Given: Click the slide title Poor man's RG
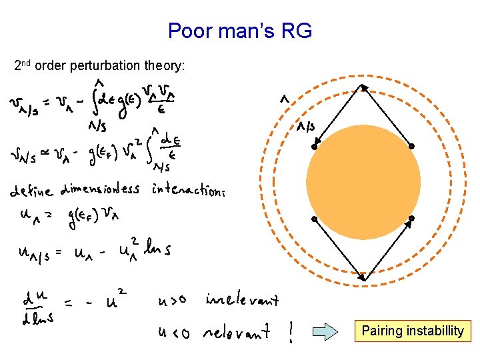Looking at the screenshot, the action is coord(240,31).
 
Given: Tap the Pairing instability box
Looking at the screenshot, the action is coord(413,331).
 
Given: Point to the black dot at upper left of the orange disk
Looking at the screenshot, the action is coord(314,145).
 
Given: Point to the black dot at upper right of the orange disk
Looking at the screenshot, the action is coord(412,146).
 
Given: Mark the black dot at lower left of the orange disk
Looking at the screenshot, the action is coord(314,219).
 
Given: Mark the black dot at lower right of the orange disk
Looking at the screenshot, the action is coord(412,219).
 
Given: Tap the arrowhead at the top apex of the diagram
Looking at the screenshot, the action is coord(363,87).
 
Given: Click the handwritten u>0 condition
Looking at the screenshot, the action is coord(175,301).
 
